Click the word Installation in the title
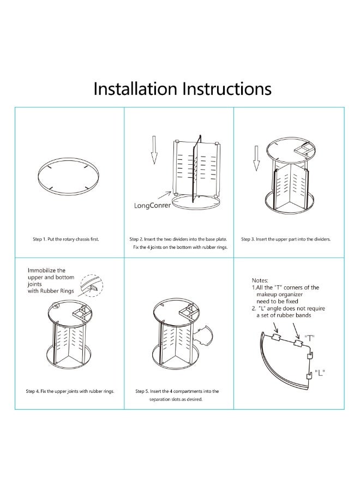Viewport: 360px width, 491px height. click(x=135, y=88)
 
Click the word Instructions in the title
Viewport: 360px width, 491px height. click(x=227, y=88)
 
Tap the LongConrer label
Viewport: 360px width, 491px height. click(x=152, y=206)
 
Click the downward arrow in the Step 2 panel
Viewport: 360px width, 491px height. click(x=154, y=149)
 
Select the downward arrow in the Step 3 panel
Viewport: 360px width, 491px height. click(x=256, y=158)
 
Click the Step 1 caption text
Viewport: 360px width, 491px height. click(x=66, y=239)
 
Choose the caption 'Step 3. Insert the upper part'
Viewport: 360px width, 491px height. click(x=286, y=239)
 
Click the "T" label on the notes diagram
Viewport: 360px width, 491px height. click(x=309, y=338)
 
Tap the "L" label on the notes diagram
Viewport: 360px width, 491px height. click(x=320, y=373)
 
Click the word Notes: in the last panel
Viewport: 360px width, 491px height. click(x=260, y=280)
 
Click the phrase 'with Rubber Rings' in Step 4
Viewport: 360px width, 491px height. click(x=51, y=291)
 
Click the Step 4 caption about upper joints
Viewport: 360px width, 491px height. click(x=70, y=391)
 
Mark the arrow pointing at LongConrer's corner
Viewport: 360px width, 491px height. click(x=164, y=195)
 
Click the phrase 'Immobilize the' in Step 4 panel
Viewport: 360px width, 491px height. click(x=47, y=271)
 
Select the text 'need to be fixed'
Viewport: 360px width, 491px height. click(x=277, y=301)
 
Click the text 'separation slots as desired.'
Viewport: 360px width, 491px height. click(x=176, y=399)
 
